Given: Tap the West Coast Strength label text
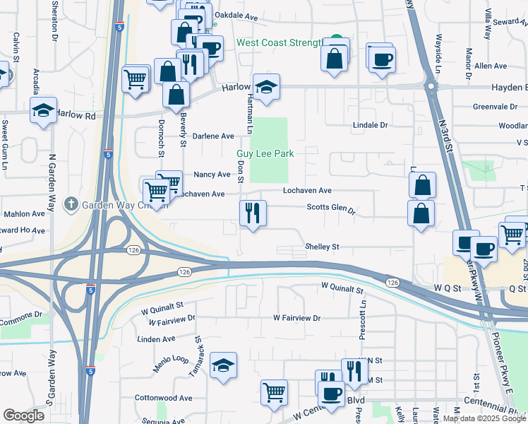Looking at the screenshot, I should [x=279, y=43].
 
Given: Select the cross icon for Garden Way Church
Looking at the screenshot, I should [x=71, y=205].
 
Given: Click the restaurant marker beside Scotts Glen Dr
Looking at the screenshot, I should [x=253, y=212].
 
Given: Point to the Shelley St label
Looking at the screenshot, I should [x=322, y=247].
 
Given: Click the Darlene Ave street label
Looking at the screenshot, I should [x=213, y=136].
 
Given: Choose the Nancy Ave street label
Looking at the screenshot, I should [x=212, y=175].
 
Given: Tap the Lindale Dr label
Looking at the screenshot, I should [x=371, y=125].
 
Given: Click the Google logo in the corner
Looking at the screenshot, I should [x=23, y=416].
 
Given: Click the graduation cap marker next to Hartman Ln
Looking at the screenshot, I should [x=266, y=88].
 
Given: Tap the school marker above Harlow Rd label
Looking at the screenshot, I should [x=42, y=110].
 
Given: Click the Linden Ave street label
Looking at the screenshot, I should [x=157, y=339].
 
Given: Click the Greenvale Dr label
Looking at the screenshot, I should [x=495, y=107].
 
